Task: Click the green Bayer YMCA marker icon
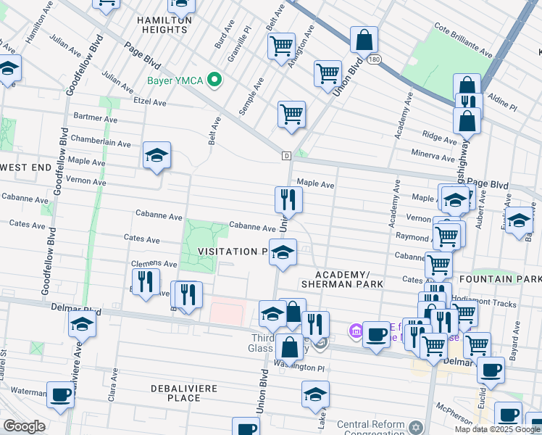[x=214, y=79]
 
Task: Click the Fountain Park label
[x=515, y=279]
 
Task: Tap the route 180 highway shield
[x=373, y=58]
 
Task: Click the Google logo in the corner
[x=24, y=426]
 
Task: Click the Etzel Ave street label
[x=149, y=102]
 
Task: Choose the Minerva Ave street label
[x=433, y=155]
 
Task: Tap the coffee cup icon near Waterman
[x=61, y=394]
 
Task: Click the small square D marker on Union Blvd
[x=286, y=156]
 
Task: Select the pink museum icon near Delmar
[x=355, y=331]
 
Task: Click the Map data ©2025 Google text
[x=497, y=429]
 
